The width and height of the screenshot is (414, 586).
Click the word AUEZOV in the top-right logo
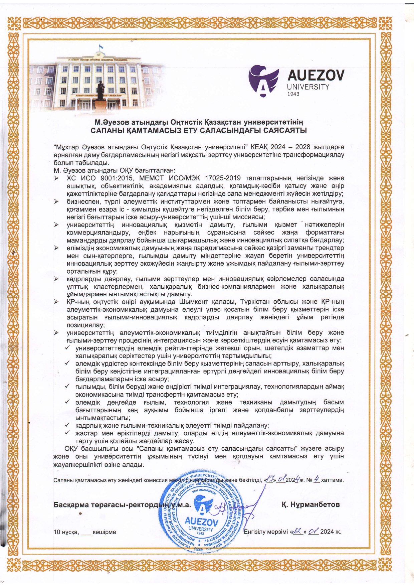point(316,76)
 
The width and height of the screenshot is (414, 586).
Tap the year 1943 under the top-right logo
point(293,94)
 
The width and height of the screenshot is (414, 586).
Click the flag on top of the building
point(99,54)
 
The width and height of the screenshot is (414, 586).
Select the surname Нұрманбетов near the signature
point(310,504)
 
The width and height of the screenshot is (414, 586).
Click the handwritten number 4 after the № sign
point(316,479)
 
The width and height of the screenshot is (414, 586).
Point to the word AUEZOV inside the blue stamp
point(201,522)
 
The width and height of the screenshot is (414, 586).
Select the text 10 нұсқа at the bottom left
point(66,532)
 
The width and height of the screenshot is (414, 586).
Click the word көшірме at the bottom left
point(105,532)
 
